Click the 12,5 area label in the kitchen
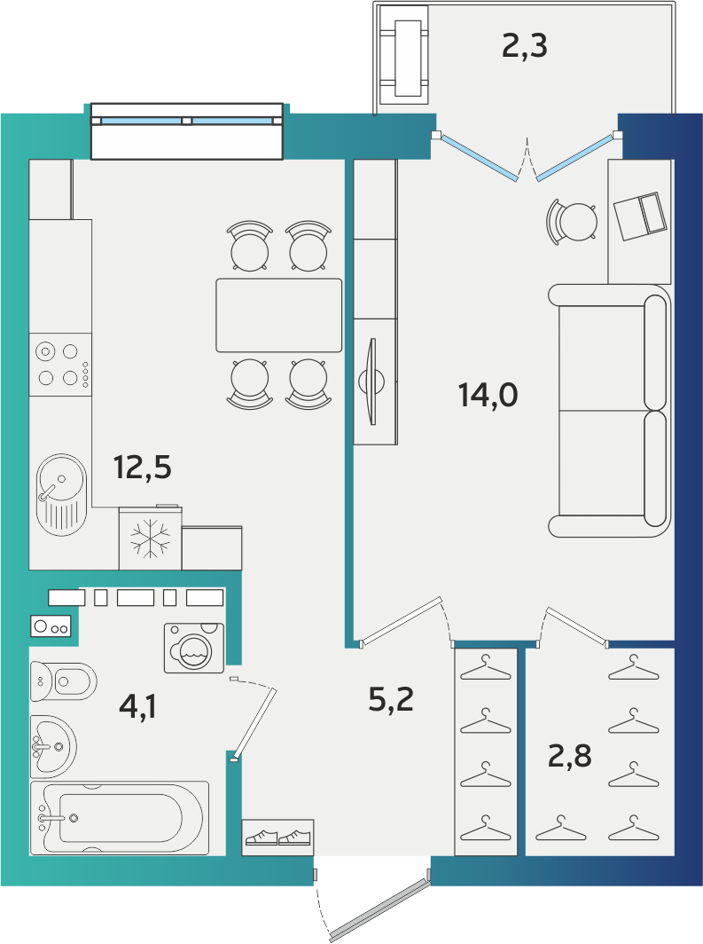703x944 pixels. (x=143, y=468)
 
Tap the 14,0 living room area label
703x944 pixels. (x=488, y=395)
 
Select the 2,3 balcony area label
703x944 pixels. (x=525, y=46)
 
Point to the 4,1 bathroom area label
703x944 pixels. (x=138, y=705)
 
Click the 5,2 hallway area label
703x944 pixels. (x=391, y=699)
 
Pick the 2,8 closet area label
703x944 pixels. (x=569, y=756)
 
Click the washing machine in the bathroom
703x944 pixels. (x=194, y=648)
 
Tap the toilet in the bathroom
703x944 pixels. (x=63, y=681)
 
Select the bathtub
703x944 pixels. (x=120, y=818)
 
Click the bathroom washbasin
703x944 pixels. (x=53, y=746)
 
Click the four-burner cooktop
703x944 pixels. (x=61, y=365)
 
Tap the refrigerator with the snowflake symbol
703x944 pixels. (x=151, y=538)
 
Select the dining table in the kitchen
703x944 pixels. (x=279, y=315)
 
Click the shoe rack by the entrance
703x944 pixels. (x=277, y=838)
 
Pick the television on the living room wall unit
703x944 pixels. (x=373, y=382)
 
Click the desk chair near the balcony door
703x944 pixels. (x=572, y=221)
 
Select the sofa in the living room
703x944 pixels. (x=609, y=411)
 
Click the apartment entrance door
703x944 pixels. (x=379, y=909)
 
